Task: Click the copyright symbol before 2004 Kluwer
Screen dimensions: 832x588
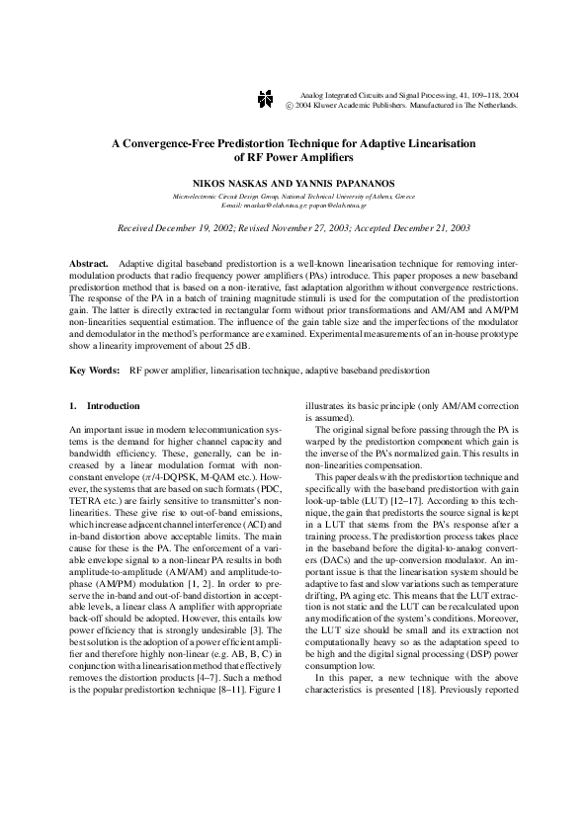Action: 289,104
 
